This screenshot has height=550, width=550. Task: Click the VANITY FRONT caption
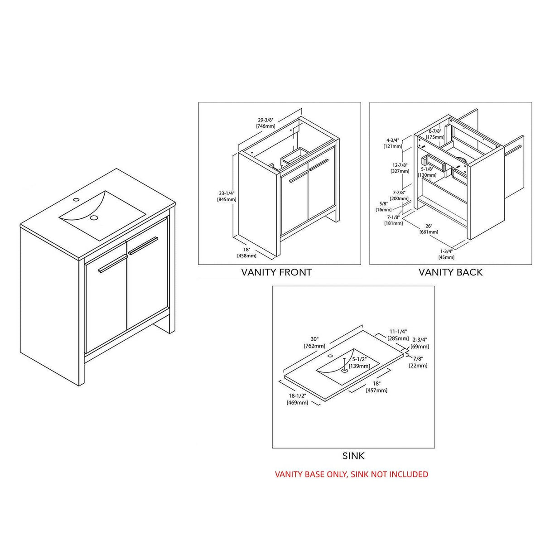tap(276, 272)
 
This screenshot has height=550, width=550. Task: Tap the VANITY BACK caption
tap(450, 272)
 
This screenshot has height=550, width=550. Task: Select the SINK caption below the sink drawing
tap(353, 456)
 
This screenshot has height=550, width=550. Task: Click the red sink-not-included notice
tap(352, 474)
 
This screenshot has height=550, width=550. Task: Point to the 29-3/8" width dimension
tap(266, 119)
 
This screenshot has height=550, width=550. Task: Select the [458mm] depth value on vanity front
tap(247, 256)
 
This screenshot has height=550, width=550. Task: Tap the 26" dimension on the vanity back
tap(429, 226)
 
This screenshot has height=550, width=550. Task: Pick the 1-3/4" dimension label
tap(447, 251)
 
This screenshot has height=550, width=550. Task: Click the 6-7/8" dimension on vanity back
tap(434, 131)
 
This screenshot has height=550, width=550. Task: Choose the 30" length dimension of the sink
tap(315, 339)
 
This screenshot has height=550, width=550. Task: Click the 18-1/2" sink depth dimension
tap(297, 396)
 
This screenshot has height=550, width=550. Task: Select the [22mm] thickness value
tap(418, 366)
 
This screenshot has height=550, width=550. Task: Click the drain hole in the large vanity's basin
tap(94, 218)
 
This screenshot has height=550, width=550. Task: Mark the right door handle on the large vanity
tap(143, 245)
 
